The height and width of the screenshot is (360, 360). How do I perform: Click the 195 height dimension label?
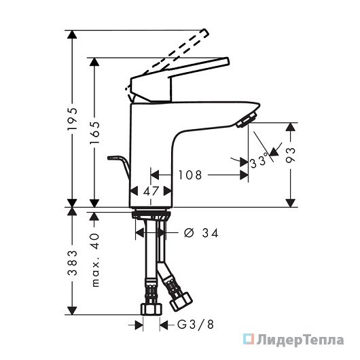(x=72, y=119)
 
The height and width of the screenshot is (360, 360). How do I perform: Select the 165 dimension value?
(x=94, y=132)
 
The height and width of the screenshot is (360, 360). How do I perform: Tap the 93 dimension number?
(x=290, y=155)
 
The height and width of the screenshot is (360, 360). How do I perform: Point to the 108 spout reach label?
(x=190, y=175)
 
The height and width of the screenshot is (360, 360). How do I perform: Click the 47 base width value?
(x=151, y=191)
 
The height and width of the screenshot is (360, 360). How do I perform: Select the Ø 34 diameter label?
(x=201, y=233)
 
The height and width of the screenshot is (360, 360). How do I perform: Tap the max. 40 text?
(x=95, y=260)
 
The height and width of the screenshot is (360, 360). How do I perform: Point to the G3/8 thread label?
(x=196, y=325)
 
